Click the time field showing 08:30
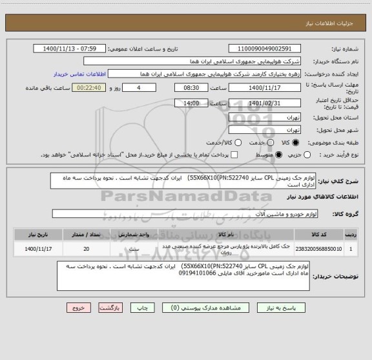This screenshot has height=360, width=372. click(x=183, y=87)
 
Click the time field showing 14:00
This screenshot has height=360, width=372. click(x=183, y=103)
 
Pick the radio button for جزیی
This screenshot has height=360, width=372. click(x=307, y=155)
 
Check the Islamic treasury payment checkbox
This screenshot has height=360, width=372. click(x=233, y=155)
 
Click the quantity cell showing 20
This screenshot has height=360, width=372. click(x=87, y=247)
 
